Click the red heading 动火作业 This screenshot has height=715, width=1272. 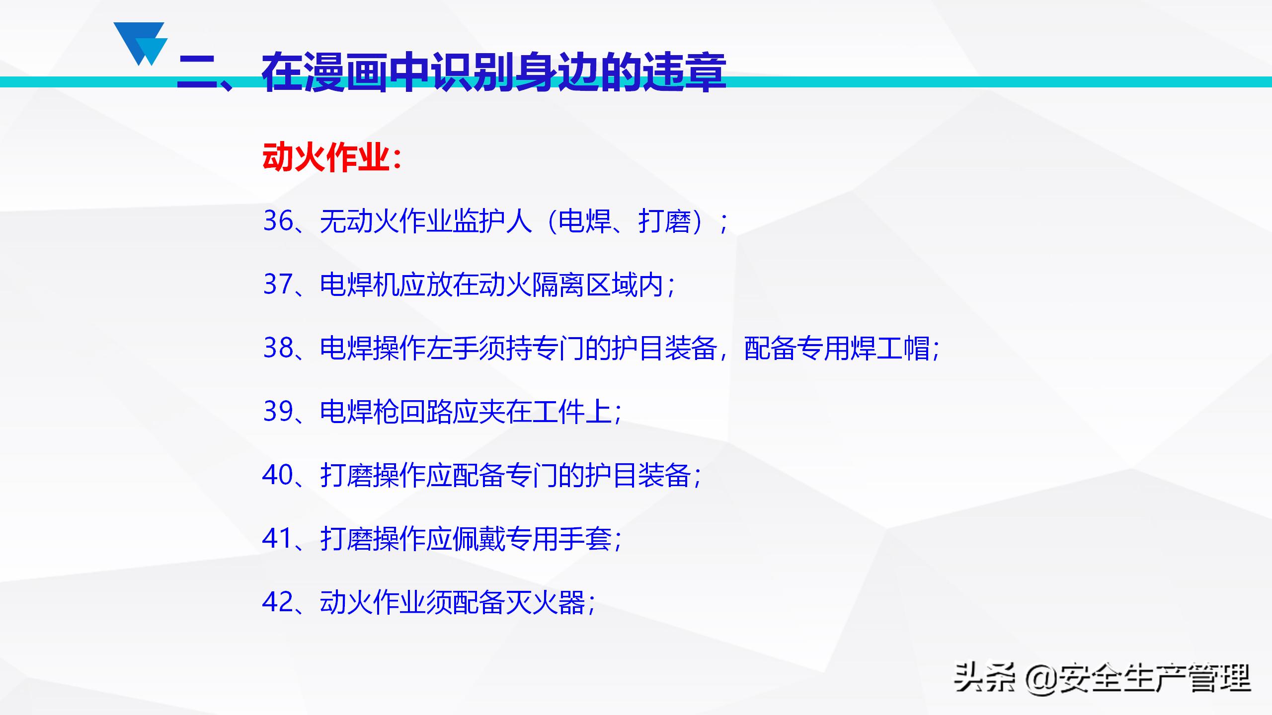tap(325, 158)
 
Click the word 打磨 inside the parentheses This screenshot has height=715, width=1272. tap(664, 221)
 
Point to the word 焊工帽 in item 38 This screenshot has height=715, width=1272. tap(889, 348)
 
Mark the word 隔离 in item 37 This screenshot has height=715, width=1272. tap(559, 285)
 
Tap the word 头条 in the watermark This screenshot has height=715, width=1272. tap(984, 678)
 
